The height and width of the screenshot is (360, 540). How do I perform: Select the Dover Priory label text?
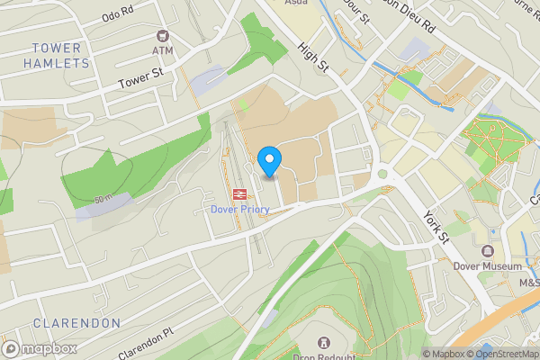pyautogui.click(x=240, y=209)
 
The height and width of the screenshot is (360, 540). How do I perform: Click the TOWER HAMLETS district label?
pyautogui.click(x=61, y=55)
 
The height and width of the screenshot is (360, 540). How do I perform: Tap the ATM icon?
pyautogui.click(x=163, y=36)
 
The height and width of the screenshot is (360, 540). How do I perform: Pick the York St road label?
pyautogui.click(x=436, y=226)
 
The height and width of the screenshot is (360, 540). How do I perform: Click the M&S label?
pyautogui.click(x=527, y=283)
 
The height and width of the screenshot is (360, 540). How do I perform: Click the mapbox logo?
pyautogui.click(x=40, y=348)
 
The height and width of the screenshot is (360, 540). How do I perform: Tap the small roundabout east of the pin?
pyautogui.click(x=382, y=174)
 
